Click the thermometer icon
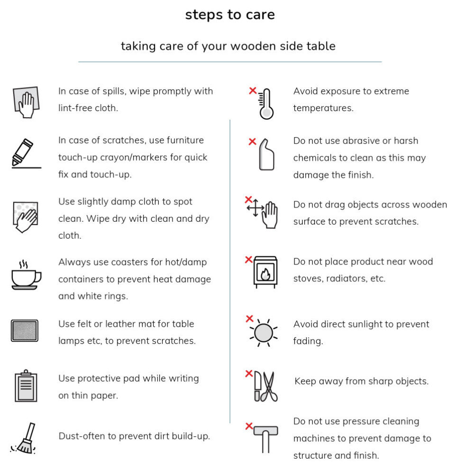click(266, 104)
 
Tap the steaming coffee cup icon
click(26, 275)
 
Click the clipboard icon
click(26, 386)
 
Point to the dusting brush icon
click(24, 438)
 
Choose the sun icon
click(264, 333)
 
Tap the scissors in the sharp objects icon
click(269, 386)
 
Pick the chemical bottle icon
click(266, 154)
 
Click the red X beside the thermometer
click(253, 90)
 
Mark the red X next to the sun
click(249, 319)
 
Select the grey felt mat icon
click(25, 330)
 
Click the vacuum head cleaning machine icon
click(266, 439)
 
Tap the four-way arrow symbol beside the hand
click(255, 207)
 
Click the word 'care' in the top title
click(260, 15)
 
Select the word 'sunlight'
click(351, 324)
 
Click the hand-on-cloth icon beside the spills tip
click(26, 102)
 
